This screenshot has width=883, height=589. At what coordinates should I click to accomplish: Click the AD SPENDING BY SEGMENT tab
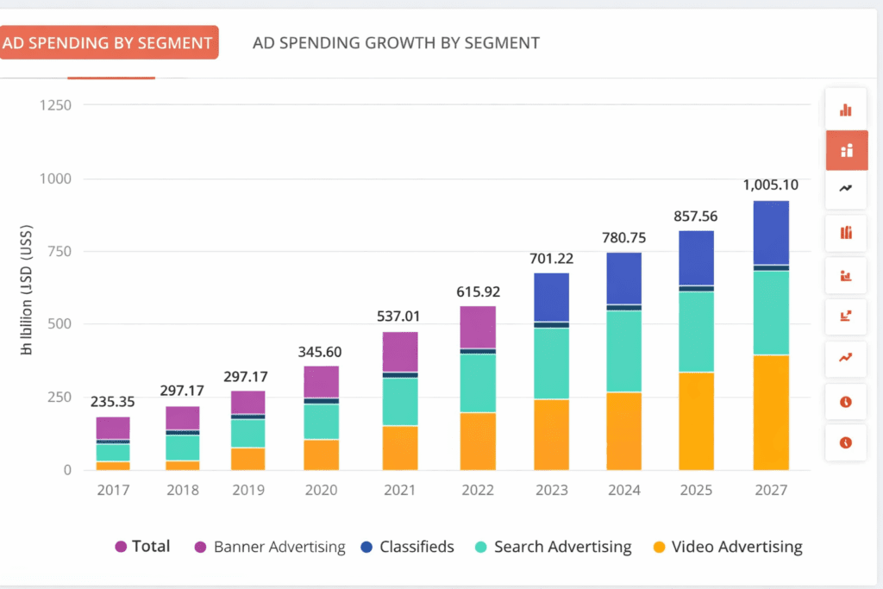point(108,42)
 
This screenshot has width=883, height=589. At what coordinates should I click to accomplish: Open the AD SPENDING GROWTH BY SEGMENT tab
point(396,42)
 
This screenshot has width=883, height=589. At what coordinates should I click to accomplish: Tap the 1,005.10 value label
point(772,185)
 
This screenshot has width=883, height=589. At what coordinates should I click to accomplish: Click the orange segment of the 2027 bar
point(772,412)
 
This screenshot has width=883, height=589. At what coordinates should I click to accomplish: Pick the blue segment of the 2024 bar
point(623,278)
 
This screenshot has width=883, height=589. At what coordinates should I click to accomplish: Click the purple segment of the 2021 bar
point(400,352)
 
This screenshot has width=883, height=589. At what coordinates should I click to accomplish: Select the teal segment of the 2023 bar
point(551,363)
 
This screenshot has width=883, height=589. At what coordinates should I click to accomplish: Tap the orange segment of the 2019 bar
point(247,459)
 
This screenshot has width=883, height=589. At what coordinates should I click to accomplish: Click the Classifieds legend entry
point(408,547)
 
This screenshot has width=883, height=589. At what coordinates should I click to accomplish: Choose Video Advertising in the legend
point(728,547)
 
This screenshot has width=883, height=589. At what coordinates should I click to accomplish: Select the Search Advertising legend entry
point(554,547)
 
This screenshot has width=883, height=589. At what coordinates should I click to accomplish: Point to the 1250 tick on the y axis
point(55,105)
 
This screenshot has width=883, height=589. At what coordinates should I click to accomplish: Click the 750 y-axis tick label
point(59,251)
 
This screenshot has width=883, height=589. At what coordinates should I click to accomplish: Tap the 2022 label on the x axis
point(478,490)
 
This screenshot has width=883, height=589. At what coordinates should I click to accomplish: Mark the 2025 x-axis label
point(697,490)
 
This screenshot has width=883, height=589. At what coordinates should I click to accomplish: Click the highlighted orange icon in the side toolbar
point(847,151)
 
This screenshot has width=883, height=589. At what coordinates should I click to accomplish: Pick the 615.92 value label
point(478,291)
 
